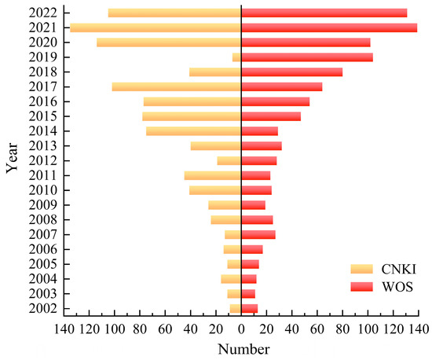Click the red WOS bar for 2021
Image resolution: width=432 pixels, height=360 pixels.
329,28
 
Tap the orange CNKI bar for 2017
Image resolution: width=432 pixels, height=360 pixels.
177,86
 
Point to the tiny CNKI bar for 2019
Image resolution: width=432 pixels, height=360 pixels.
236,57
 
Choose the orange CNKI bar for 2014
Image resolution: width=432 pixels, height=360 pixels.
193,131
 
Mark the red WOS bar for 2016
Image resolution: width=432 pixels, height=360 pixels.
275,101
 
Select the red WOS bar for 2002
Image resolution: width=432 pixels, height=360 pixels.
249,308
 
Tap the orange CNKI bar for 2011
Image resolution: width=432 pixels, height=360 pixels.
213,175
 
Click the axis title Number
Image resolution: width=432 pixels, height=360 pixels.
241,348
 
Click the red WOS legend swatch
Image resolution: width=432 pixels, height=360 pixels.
363,288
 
